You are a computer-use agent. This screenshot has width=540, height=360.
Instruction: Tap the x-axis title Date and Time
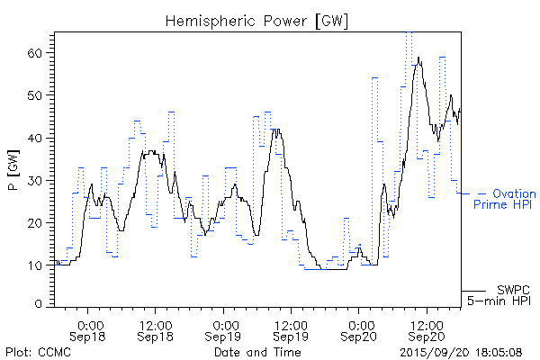[257, 352]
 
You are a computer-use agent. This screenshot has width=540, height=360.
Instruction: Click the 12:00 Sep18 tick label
[156, 329]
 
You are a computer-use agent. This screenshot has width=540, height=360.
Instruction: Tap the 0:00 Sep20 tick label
[360, 329]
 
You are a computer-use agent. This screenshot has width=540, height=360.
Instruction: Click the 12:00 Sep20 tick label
[427, 329]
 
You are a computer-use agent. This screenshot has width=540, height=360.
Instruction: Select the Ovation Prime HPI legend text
[505, 199]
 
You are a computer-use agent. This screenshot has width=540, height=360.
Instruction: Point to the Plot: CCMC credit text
[38, 352]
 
